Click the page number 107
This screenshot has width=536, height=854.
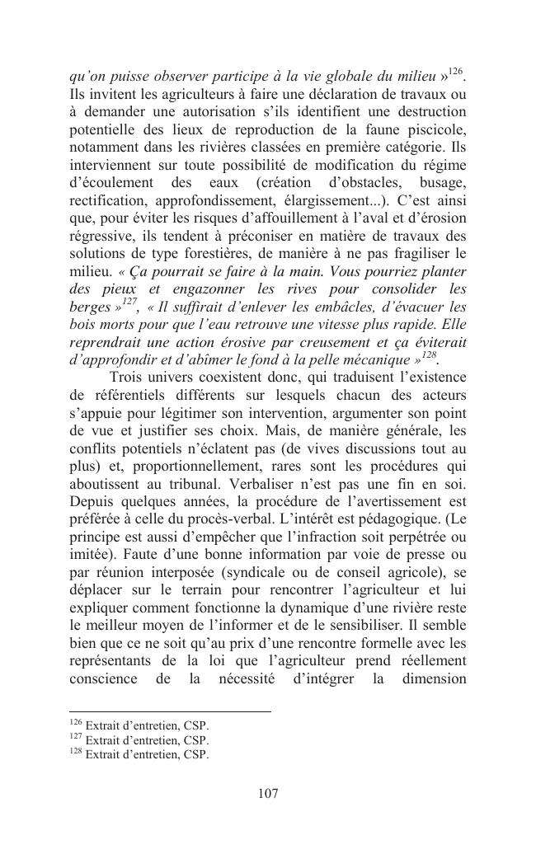pyautogui.click(x=267, y=794)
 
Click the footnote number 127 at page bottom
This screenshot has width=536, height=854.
pyautogui.click(x=76, y=739)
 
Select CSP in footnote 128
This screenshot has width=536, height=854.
pyautogui.click(x=196, y=753)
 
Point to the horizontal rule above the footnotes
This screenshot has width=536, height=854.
pyautogui.click(x=170, y=711)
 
